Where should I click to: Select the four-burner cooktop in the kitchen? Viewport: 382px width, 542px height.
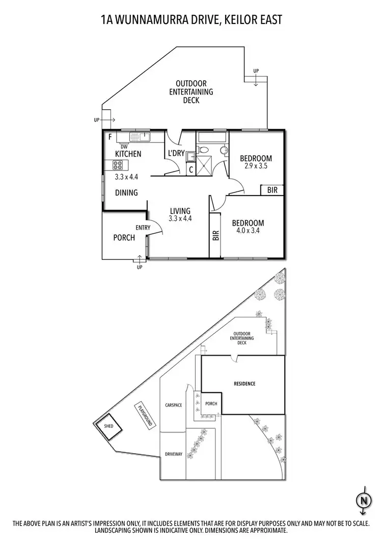point(118,165)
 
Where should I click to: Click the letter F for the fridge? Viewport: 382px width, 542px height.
point(110,137)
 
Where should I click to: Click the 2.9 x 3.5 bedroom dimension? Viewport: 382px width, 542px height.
point(256,166)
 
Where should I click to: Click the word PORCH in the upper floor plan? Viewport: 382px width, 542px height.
point(124,237)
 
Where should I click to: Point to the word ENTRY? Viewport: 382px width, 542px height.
point(143,228)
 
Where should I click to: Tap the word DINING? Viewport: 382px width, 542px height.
point(126,193)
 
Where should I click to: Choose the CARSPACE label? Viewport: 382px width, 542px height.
point(174,405)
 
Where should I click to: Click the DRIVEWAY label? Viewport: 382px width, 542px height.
point(174,454)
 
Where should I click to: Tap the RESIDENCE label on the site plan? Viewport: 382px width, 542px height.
point(244,384)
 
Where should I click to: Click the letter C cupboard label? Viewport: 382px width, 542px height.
point(190,169)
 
